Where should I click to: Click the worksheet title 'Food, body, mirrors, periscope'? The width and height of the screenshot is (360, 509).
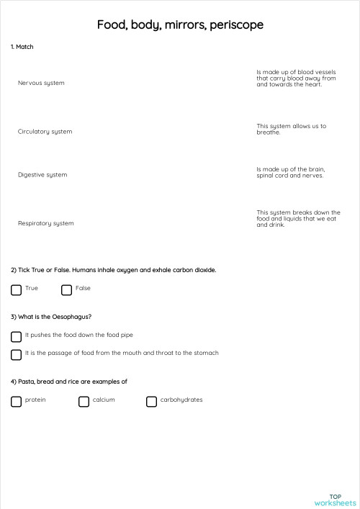point(180,25)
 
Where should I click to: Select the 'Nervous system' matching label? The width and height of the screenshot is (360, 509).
point(41,83)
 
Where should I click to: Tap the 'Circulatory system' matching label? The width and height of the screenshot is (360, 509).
point(45,132)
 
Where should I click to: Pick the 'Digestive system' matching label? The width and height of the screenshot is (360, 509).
point(42,175)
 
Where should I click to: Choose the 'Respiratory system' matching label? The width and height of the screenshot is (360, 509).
point(45,223)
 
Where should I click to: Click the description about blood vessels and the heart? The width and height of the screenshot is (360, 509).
point(296,78)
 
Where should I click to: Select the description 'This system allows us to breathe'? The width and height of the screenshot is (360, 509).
point(291,129)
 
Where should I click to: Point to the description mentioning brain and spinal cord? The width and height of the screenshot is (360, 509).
point(290,172)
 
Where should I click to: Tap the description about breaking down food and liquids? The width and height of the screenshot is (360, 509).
point(298,218)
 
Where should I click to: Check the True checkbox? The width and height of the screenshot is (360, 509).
point(16,290)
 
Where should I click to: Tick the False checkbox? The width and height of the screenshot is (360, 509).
point(66,290)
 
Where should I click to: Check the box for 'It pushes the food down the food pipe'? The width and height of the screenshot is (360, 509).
point(16,336)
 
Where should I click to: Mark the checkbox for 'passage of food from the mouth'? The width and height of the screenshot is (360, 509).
point(16,354)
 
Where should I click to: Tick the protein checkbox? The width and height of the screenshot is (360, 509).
point(16,402)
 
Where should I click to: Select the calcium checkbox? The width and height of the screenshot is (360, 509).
point(84,402)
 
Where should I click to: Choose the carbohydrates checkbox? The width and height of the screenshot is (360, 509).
point(151,402)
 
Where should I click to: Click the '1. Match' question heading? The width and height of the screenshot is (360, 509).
point(22,47)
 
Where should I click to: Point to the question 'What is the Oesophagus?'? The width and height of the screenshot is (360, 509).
point(51,317)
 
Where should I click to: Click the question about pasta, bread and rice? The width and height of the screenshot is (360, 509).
point(69,382)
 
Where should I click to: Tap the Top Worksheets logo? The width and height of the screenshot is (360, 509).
point(335,500)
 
